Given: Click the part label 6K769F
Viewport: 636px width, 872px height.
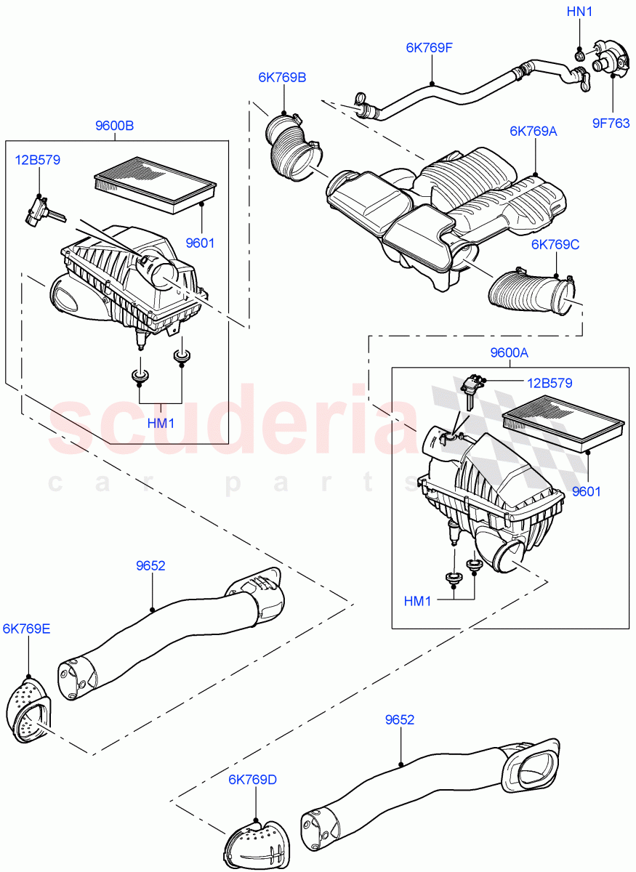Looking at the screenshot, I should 429,49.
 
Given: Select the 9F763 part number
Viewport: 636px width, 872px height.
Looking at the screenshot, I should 611,123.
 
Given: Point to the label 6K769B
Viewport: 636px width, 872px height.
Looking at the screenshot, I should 281,77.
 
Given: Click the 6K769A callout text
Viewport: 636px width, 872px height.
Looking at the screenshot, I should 533,131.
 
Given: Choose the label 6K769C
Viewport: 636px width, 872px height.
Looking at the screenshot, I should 555,244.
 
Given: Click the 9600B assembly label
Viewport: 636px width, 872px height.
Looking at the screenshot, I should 114,126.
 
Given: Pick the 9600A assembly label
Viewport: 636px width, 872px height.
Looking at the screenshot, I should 509,353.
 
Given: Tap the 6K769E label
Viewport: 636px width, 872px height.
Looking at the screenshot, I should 27,629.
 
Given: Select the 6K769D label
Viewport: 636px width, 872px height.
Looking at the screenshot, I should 253,780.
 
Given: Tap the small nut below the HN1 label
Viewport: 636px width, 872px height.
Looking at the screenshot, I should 579,54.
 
